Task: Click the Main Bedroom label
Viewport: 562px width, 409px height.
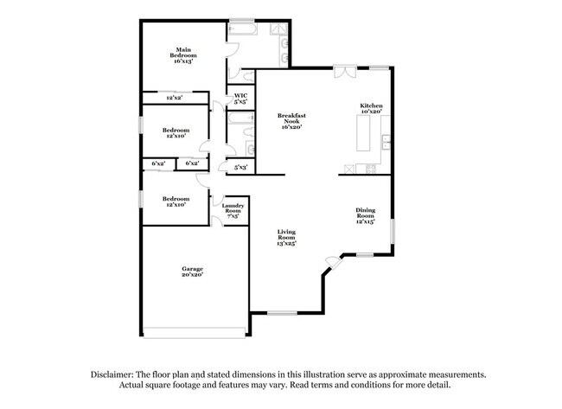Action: click(x=183, y=55)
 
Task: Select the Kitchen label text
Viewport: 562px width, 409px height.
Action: click(x=372, y=108)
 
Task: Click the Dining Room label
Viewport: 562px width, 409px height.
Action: click(x=366, y=215)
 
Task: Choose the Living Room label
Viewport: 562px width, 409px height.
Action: click(x=286, y=238)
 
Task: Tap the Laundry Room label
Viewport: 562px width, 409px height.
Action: click(x=233, y=210)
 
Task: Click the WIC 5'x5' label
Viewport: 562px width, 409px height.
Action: click(x=240, y=99)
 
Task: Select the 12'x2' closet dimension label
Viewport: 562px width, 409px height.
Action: click(x=174, y=98)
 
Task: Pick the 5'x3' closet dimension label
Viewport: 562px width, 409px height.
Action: click(x=241, y=167)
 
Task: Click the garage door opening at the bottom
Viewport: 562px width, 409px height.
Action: click(x=193, y=335)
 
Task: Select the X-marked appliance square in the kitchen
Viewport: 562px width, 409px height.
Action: click(x=349, y=168)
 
